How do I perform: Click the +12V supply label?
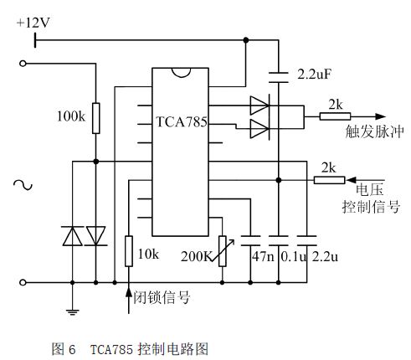tap(33, 23)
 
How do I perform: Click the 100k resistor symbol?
tap(96, 118)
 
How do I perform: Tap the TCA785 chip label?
tap(182, 122)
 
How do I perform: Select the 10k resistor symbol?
tap(129, 251)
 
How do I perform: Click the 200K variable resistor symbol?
tap(223, 251)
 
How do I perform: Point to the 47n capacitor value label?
tap(263, 256)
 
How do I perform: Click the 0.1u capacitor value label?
tap(294, 256)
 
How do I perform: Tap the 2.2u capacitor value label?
tap(325, 256)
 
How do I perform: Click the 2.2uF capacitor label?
tap(314, 75)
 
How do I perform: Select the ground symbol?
tap(72, 312)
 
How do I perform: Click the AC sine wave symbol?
tap(23, 185)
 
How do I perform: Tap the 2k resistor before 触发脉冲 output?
tap(335, 116)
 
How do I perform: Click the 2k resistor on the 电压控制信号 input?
tap(329, 180)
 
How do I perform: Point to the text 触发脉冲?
tap(374, 131)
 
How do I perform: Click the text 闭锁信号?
tap(162, 297)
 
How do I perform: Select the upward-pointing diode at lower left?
tap(72, 236)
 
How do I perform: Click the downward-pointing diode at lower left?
tap(96, 236)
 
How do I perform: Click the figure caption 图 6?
tap(64, 349)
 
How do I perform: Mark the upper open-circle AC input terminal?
tap(23, 64)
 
